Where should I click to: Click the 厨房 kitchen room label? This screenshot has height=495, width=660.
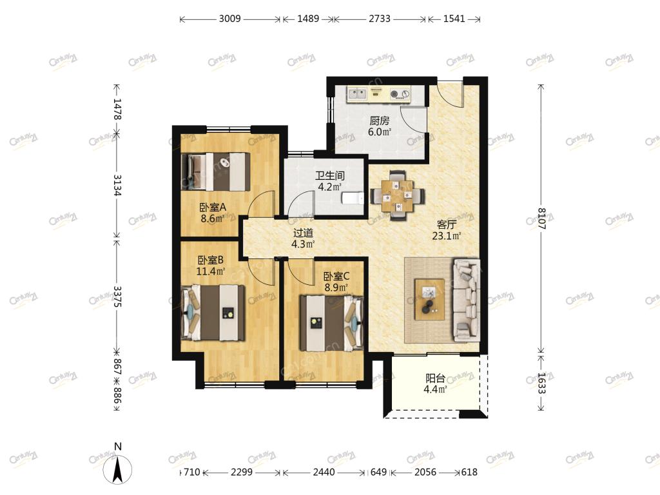379,121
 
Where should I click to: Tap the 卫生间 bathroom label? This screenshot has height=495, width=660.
330,176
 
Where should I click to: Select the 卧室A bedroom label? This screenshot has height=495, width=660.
213,208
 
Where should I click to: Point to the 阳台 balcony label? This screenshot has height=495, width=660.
435,378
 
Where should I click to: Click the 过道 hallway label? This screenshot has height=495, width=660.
303,233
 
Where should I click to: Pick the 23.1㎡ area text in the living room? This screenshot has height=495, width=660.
447,236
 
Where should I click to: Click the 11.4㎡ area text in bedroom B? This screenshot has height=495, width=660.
211,271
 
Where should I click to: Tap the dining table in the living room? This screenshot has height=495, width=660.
398,196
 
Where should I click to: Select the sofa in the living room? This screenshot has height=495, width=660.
467,300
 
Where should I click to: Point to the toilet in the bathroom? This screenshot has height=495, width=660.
353,199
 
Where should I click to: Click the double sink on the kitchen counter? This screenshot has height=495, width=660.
357,93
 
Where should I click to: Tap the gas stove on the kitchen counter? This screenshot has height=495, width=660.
400,94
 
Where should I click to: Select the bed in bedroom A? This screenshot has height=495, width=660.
216,171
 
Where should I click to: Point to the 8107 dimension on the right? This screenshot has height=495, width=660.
541,219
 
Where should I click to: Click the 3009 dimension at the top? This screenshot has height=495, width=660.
230,19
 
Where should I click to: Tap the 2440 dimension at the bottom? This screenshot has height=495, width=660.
324,472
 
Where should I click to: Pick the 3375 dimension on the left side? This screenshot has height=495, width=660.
117,296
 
